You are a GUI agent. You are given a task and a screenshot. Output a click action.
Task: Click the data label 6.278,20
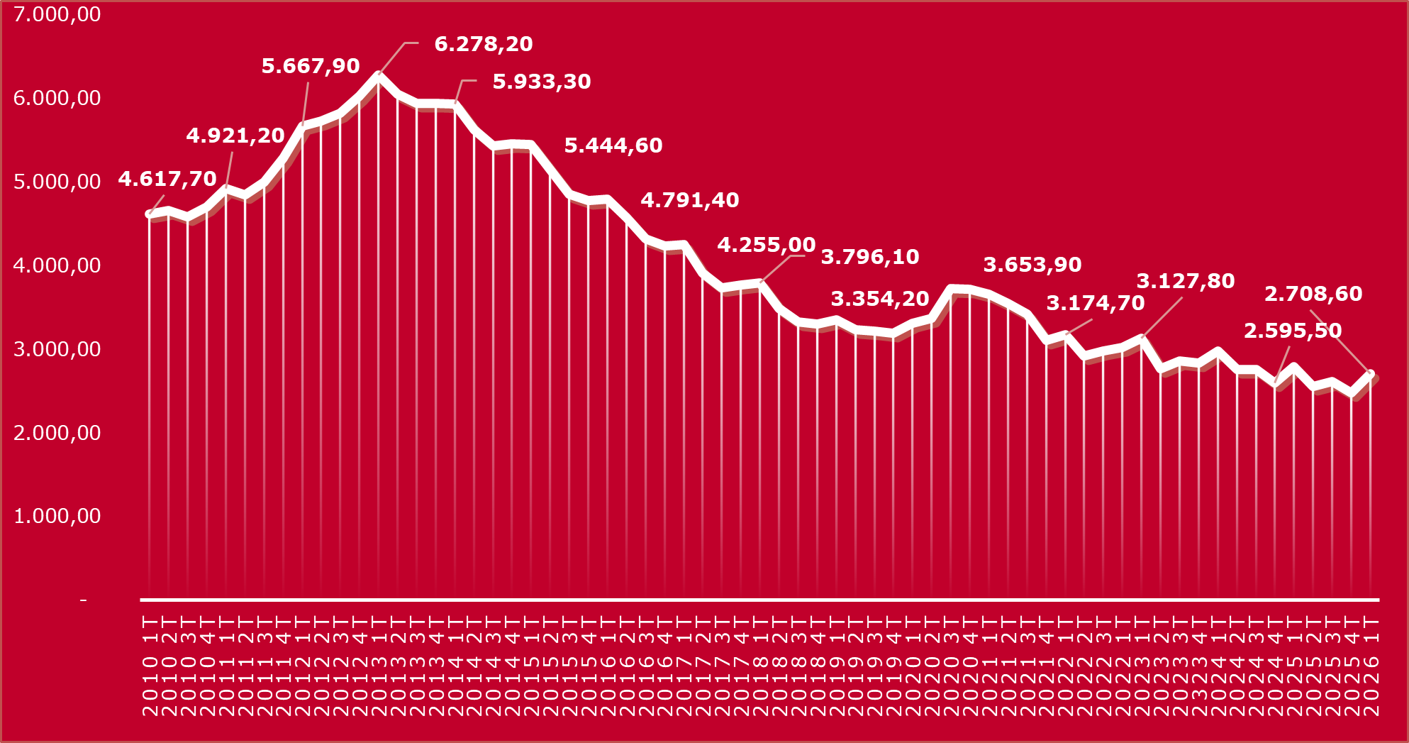click(483, 44)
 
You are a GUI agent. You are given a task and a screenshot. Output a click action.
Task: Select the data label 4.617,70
click(167, 179)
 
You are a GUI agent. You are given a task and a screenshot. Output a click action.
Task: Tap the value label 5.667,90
click(311, 66)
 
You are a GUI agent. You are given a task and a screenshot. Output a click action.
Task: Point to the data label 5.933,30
click(542, 82)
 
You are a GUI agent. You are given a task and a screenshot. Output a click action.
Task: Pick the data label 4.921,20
click(235, 136)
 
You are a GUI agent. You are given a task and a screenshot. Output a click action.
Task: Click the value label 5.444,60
click(613, 145)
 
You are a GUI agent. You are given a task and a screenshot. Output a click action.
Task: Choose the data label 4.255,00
click(767, 246)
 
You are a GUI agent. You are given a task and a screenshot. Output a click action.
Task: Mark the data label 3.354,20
click(880, 299)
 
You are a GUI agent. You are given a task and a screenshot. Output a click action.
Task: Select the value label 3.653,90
click(1032, 265)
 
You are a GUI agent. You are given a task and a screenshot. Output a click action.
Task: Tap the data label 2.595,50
click(1293, 331)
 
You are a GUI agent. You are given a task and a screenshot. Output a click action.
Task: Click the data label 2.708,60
click(1313, 294)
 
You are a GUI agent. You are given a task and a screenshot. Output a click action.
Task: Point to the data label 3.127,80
click(1186, 281)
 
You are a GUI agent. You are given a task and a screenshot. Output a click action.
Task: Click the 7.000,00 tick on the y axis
click(57, 14)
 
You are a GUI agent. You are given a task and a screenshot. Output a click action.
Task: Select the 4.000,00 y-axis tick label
click(57, 265)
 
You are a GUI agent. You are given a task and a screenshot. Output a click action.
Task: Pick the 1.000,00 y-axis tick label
click(57, 516)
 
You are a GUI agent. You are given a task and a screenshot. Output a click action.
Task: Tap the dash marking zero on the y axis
click(84, 600)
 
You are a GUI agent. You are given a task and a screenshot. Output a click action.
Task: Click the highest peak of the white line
click(378, 75)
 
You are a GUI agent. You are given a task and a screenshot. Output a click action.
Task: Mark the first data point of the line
click(149, 214)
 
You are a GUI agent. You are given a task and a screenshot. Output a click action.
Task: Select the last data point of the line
click(1371, 373)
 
